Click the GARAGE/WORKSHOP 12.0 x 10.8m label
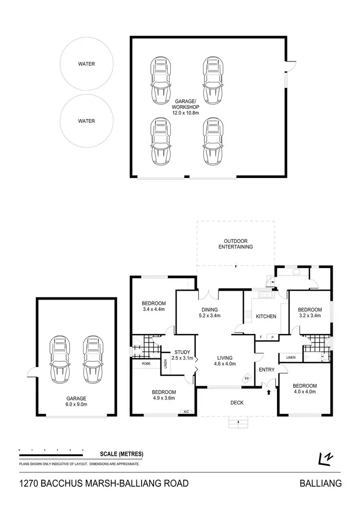185,107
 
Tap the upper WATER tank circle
87,64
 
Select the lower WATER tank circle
87,121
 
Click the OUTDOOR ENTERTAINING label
235,244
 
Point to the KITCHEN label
265,317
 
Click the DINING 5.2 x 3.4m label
209,312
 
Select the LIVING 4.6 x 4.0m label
224,361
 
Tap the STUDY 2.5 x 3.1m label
182,355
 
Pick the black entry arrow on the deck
268,392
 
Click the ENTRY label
266,370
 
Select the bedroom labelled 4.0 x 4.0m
305,389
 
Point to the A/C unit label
186,411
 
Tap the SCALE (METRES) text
121,454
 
